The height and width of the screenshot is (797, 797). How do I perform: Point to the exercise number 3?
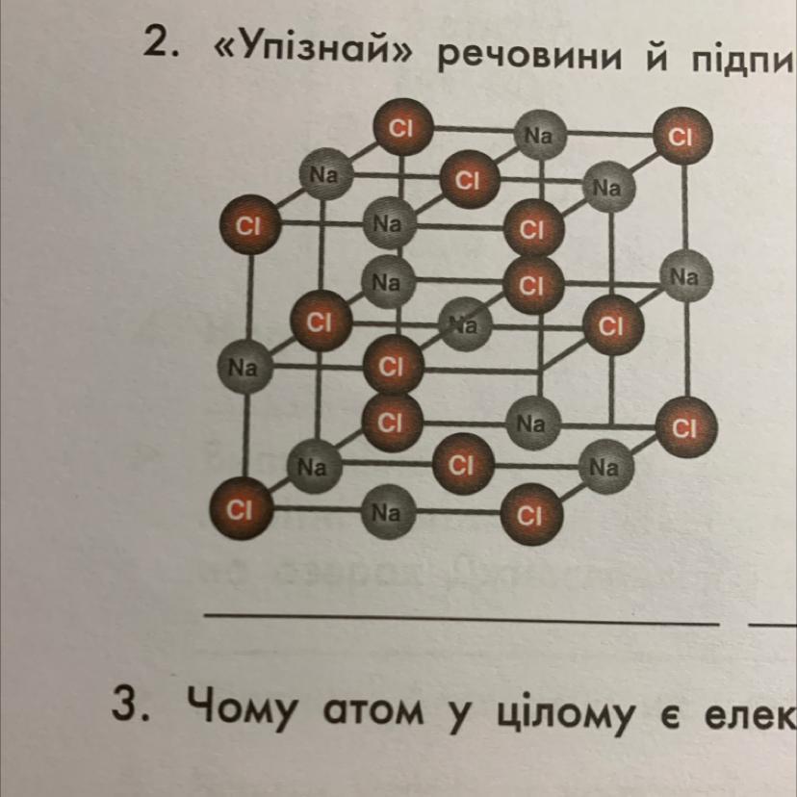pos(129,708)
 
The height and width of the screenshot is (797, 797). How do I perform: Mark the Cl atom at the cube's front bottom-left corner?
pos(241,508)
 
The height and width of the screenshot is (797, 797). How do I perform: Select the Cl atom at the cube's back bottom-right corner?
pos(684,426)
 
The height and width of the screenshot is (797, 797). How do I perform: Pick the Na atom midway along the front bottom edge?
pos(386,512)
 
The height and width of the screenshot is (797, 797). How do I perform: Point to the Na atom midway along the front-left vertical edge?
pos(244,367)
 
